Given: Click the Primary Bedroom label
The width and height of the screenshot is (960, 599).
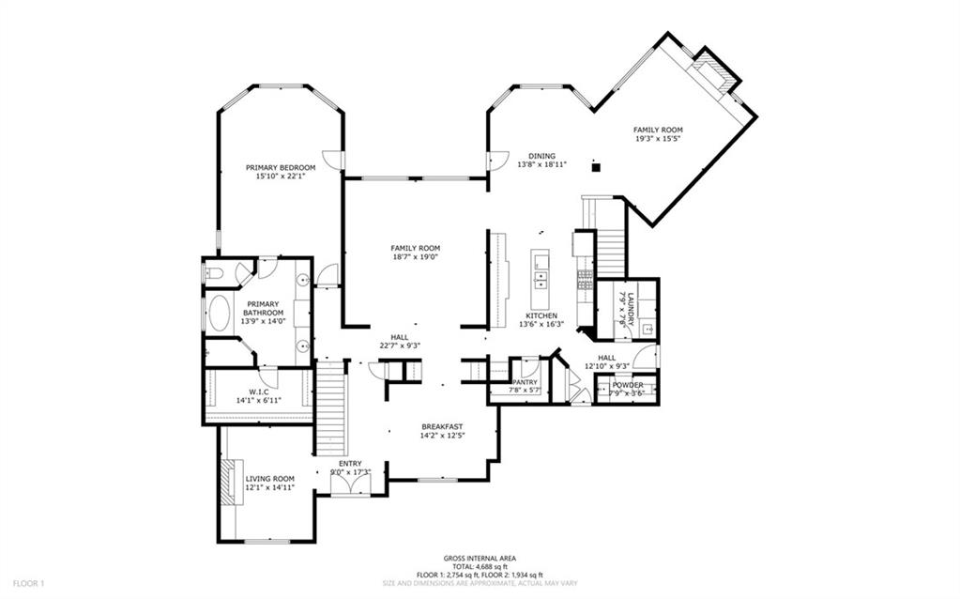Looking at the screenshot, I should click(281, 167).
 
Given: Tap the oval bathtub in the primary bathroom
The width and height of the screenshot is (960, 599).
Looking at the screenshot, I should click(219, 314).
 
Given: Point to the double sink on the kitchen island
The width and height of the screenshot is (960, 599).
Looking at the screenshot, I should click(541, 279).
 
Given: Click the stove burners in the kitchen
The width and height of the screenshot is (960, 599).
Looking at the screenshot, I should click(585, 279).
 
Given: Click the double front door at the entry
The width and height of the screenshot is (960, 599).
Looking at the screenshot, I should click(351, 484).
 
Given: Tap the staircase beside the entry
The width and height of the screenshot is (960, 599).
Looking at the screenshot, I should click(330, 410).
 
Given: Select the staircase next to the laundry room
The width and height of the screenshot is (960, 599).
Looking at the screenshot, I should click(610, 247).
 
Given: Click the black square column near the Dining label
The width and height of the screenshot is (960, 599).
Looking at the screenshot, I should click(594, 168).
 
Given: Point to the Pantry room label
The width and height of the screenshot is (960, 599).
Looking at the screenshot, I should click(523, 382).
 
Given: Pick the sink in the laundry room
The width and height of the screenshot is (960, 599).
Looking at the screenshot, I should click(648, 330).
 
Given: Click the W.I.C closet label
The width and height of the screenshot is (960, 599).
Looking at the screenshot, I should click(259, 392).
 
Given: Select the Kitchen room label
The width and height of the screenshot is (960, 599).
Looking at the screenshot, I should click(541, 315).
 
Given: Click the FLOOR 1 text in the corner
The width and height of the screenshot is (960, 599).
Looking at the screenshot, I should click(28, 583).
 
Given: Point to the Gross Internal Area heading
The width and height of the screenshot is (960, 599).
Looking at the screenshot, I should click(479, 558).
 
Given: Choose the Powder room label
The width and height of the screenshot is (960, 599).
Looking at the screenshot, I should click(628, 385).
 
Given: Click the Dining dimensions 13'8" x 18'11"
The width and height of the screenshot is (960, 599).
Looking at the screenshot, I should click(541, 164).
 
